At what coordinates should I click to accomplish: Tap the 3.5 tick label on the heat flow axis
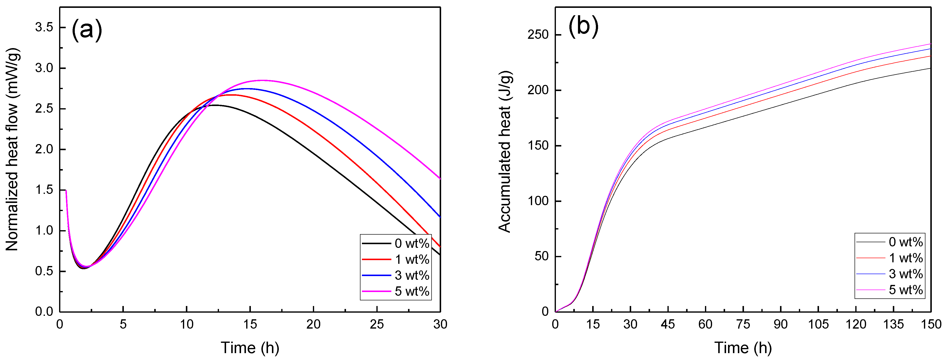(x=44, y=27)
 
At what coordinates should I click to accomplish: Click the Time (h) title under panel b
(x=742, y=347)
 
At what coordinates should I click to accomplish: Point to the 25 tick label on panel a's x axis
(x=377, y=324)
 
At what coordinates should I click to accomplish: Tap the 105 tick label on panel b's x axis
(x=818, y=324)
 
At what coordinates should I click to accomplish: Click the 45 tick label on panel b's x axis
(x=668, y=324)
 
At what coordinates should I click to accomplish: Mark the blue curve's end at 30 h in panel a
(x=440, y=217)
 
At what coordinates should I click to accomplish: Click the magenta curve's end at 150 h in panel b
(x=930, y=44)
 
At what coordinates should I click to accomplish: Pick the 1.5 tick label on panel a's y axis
(x=44, y=190)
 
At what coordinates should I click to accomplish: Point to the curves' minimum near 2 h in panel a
(x=85, y=267)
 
